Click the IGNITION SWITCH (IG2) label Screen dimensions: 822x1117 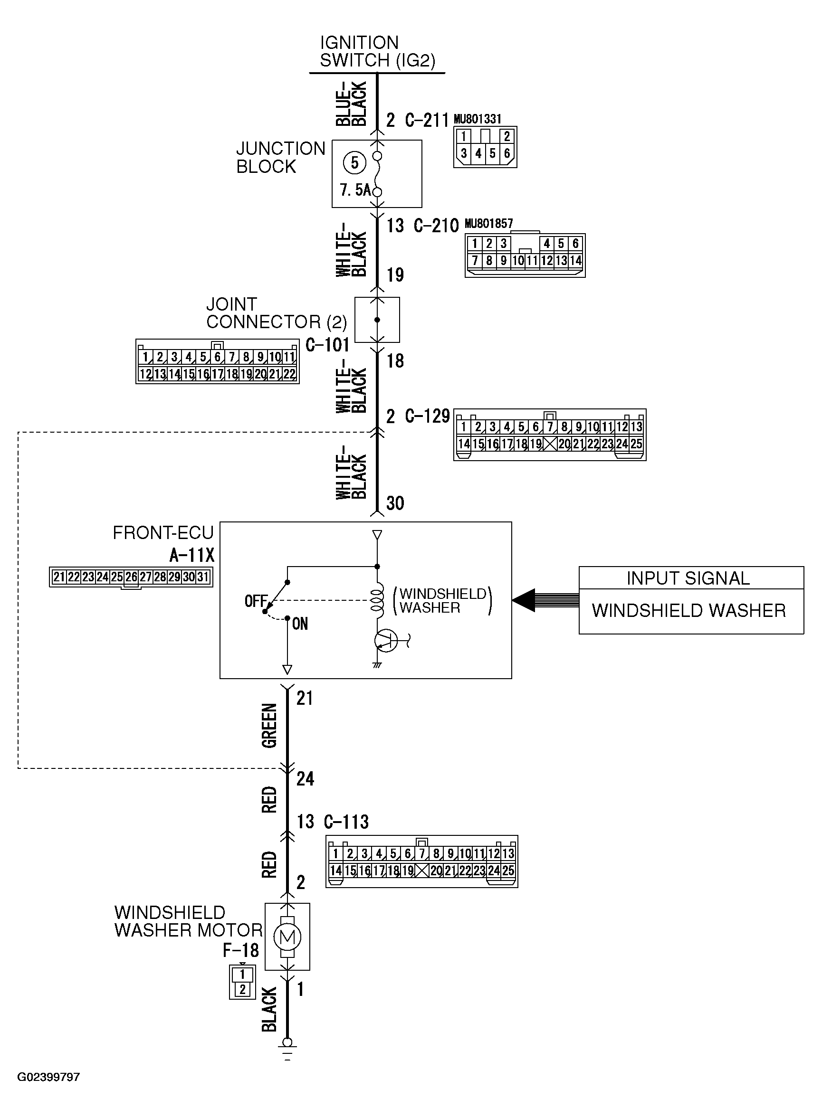378,51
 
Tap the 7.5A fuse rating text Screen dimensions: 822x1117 355,189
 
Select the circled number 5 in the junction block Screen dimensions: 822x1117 355,162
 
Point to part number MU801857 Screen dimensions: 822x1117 488,224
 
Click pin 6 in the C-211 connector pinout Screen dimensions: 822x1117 507,153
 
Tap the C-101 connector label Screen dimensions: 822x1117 327,345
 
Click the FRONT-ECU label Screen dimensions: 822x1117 163,533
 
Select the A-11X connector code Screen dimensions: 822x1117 192,555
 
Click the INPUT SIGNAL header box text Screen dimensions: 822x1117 688,578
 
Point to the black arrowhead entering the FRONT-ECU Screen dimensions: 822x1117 523,600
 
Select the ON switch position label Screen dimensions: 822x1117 300,624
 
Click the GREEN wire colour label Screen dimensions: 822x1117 269,726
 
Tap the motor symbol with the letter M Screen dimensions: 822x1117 287,937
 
